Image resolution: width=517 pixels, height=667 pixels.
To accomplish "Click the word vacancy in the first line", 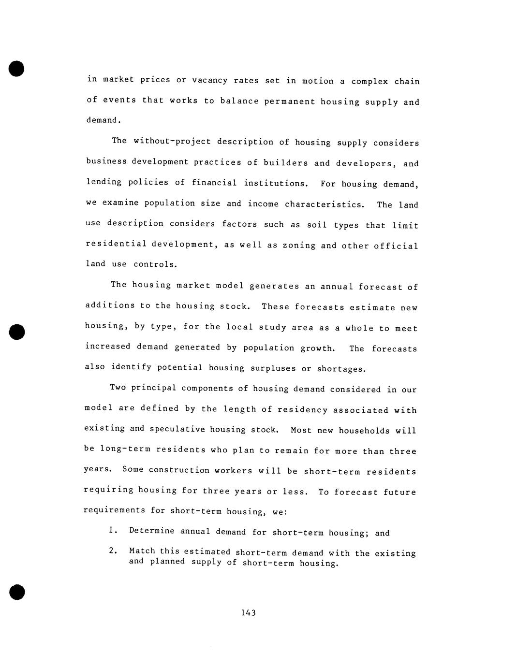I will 209,80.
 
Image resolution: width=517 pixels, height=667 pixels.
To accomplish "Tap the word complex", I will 369,81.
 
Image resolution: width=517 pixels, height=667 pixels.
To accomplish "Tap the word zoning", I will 298,245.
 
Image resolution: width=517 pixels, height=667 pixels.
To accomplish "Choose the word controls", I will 155,264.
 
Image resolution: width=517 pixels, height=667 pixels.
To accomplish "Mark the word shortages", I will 341,369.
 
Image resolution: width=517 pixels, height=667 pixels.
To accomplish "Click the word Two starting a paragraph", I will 118,387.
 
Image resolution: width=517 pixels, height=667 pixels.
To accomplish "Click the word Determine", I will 151,531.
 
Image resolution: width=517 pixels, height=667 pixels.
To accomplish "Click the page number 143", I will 248,613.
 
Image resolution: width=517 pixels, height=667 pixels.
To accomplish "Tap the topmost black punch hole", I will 16,68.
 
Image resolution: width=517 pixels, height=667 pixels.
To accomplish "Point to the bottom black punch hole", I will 16,592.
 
